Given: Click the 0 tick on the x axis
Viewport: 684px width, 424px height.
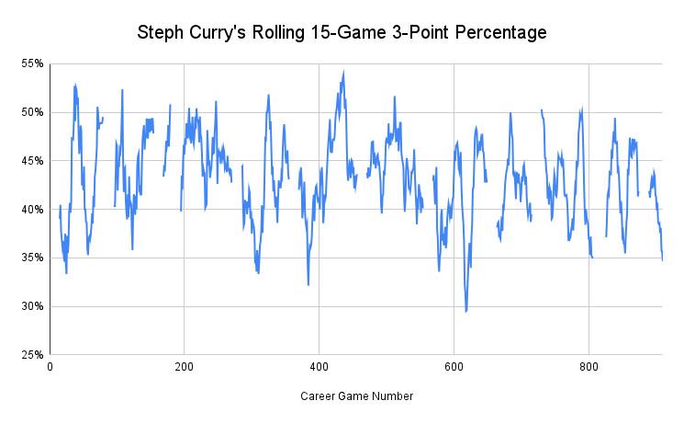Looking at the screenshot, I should pyautogui.click(x=50, y=367).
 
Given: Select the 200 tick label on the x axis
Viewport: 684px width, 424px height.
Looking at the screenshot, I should pyautogui.click(x=184, y=367).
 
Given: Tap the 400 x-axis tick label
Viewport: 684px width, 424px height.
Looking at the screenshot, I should pyautogui.click(x=319, y=367).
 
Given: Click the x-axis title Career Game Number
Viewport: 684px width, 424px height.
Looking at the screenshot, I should pyautogui.click(x=356, y=396).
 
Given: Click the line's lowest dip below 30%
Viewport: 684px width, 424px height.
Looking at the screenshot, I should pyautogui.click(x=466, y=311).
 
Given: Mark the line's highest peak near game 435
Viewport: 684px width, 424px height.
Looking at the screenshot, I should pyautogui.click(x=343, y=72).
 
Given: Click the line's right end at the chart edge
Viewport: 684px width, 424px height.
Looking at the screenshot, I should pyautogui.click(x=662, y=260).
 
